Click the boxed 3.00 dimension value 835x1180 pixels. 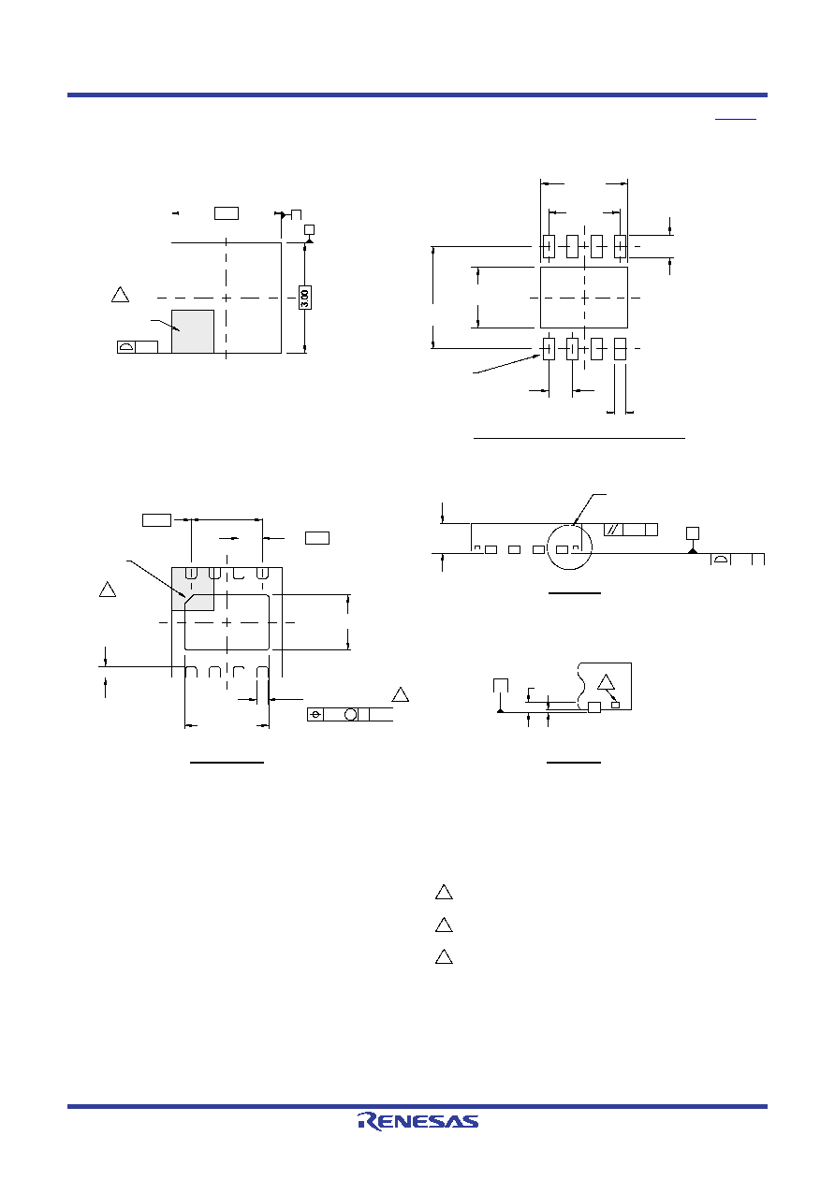pyautogui.click(x=304, y=298)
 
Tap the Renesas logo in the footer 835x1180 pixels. pyautogui.click(x=417, y=1121)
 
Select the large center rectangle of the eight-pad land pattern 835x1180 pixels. pyautogui.click(x=584, y=298)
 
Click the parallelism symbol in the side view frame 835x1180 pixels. pyautogui.click(x=613, y=530)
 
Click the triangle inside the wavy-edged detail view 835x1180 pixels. pyautogui.click(x=606, y=682)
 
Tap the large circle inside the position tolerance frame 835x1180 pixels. pyautogui.click(x=350, y=714)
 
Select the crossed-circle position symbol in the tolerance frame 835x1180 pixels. pyautogui.click(x=315, y=714)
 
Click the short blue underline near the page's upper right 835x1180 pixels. pyautogui.click(x=736, y=120)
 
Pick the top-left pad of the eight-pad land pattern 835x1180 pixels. pyautogui.click(x=549, y=246)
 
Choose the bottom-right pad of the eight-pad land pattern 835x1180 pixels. pyautogui.click(x=620, y=349)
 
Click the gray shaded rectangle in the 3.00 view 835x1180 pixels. pyautogui.click(x=193, y=331)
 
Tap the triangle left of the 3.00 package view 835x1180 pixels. pyautogui.click(x=120, y=295)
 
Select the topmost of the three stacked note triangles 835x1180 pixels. pyautogui.click(x=444, y=892)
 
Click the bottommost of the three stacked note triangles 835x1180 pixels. pyautogui.click(x=444, y=956)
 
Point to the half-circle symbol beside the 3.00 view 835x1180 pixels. pyautogui.click(x=126, y=346)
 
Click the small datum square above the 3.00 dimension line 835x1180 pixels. pyautogui.click(x=310, y=229)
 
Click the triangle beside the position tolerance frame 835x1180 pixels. pyautogui.click(x=401, y=694)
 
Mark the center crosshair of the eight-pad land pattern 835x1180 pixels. pyautogui.click(x=584, y=298)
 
